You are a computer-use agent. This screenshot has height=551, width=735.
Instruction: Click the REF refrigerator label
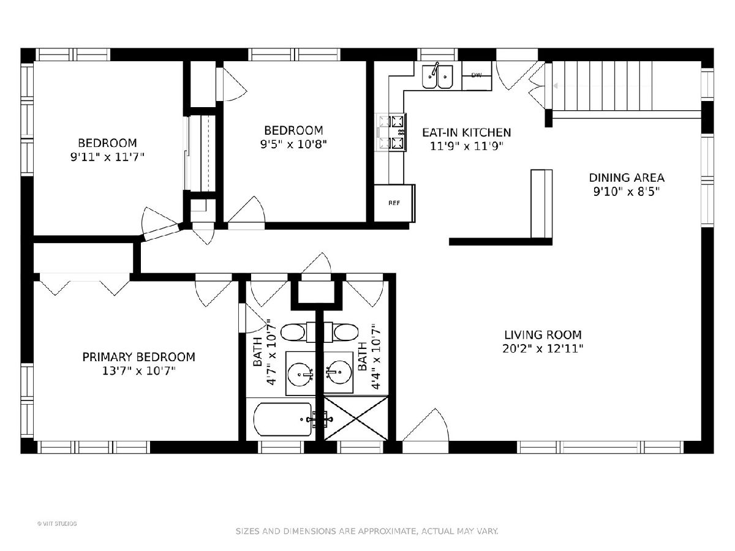[x=394, y=203]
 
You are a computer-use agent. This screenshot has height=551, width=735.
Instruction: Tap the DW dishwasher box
[x=477, y=75]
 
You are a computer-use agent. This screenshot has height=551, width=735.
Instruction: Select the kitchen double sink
[x=437, y=76]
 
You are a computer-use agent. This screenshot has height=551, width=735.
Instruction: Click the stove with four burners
[x=392, y=132]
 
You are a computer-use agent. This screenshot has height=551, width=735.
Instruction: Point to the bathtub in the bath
[x=283, y=419]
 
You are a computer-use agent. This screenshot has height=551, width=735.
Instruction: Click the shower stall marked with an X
[x=356, y=418]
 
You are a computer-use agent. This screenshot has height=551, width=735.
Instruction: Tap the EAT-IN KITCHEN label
[x=467, y=132]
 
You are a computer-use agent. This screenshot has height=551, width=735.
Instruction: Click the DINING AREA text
[x=627, y=178]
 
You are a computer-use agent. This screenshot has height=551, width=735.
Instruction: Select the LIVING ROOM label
[x=543, y=335]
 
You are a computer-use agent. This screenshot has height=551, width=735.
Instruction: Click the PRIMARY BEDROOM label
[x=138, y=357]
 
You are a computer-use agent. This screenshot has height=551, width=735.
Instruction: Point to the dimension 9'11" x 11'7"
[x=107, y=157]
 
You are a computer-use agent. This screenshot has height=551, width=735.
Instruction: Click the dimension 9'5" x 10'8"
[x=293, y=144]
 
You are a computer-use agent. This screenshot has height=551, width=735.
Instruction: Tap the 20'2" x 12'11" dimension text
[x=543, y=348]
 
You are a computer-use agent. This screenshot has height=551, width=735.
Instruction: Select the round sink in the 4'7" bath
[x=300, y=373]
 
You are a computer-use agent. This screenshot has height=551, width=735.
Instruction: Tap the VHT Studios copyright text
[x=57, y=523]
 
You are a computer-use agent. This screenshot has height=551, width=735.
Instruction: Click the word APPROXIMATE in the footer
[x=386, y=531]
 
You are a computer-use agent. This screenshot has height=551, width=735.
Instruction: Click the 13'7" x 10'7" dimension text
[x=138, y=370]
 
